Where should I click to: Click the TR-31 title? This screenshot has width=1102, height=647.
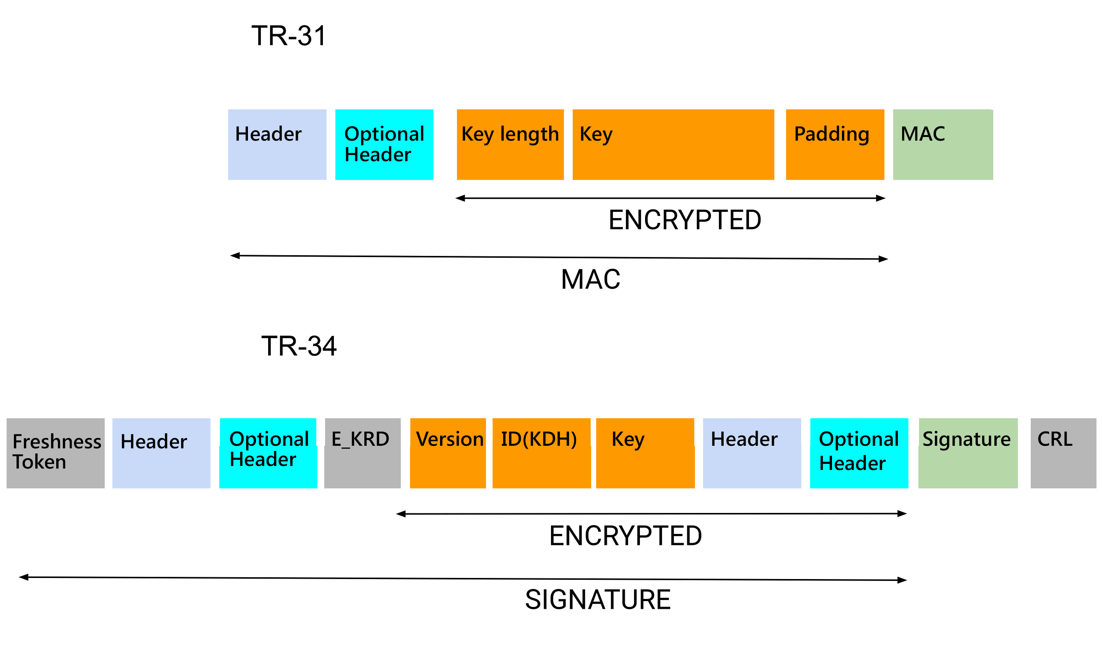pyautogui.click(x=289, y=36)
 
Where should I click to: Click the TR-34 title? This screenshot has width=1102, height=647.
pyautogui.click(x=299, y=346)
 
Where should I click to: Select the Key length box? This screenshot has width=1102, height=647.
pyautogui.click(x=510, y=144)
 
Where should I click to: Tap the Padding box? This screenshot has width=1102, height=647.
pyautogui.click(x=835, y=144)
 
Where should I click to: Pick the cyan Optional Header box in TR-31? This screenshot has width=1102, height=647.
pyautogui.click(x=384, y=144)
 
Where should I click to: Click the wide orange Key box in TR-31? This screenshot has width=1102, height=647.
pyautogui.click(x=673, y=144)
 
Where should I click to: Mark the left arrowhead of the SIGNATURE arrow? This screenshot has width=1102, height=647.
pyautogui.click(x=24, y=578)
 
